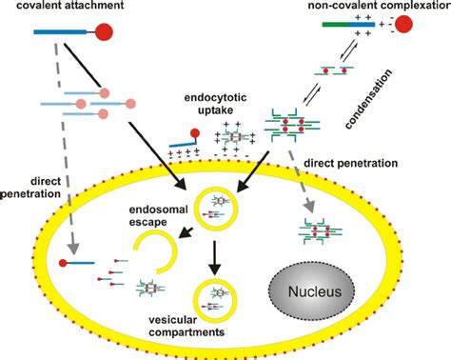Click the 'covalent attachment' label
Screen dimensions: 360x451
point(66,8)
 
